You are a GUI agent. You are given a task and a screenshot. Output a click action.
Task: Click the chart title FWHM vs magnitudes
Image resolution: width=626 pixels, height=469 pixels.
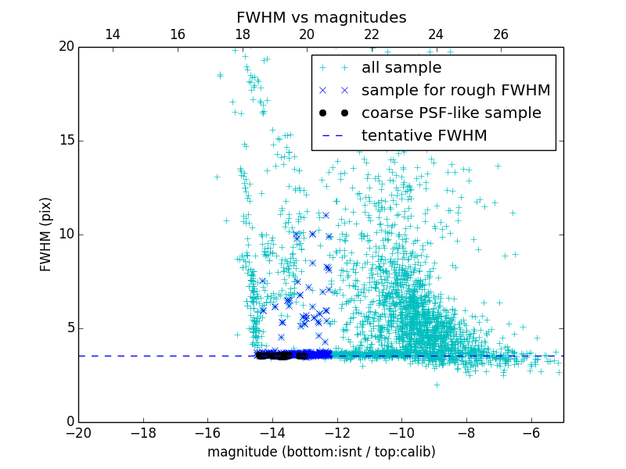pos(321,17)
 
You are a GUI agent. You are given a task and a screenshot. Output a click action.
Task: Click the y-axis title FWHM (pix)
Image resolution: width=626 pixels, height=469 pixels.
pos(46,234)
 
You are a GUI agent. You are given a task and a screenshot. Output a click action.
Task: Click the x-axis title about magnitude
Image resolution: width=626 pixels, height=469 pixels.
pos(321,452)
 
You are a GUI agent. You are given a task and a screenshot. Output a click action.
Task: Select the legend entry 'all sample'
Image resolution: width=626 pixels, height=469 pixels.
pos(401,68)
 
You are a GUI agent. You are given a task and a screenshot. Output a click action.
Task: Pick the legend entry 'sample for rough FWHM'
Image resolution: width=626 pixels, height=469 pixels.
pos(455,91)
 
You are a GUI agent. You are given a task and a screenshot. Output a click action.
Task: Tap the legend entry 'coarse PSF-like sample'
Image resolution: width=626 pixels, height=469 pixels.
pos(451,113)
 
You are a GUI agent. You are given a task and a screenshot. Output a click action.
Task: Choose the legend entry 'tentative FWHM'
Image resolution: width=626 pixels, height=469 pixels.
pos(424,136)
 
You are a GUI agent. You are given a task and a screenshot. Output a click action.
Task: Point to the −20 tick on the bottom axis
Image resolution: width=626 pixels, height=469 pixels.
pos(78,432)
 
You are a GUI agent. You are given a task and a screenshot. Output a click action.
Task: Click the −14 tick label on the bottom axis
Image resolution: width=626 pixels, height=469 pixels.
pos(272,432)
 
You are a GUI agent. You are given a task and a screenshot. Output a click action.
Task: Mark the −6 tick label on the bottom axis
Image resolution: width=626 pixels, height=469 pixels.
pos(531,432)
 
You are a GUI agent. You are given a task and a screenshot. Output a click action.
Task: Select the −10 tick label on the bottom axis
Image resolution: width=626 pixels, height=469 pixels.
pos(401,432)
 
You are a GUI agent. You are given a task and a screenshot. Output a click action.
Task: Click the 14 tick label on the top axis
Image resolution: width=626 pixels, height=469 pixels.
pos(113,34)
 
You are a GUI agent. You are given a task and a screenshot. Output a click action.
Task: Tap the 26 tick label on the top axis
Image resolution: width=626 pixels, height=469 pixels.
pos(501,34)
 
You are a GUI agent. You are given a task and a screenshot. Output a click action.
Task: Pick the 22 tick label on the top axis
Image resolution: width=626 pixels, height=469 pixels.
pos(372,34)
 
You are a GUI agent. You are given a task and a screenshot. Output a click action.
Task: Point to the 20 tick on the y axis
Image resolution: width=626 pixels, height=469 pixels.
pos(66,47)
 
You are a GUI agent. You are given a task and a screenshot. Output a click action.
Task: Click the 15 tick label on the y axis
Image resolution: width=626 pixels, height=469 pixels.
pos(66,141)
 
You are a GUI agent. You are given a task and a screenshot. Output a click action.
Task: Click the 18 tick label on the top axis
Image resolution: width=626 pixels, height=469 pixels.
pos(243,34)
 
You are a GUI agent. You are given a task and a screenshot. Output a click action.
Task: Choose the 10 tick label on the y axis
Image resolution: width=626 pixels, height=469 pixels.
pos(66,234)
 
